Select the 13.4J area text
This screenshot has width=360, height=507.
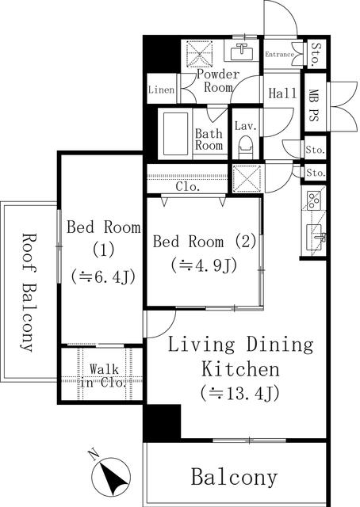pyautogui.click(x=239, y=392)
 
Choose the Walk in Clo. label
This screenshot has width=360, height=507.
pyautogui.click(x=103, y=375)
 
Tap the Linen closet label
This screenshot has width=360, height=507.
pyautogui.click(x=162, y=90)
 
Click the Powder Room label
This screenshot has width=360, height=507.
pyautogui.click(x=218, y=81)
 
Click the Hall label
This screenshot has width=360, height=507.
pyautogui.click(x=282, y=93)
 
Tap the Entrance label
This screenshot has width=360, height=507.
pyautogui.click(x=279, y=55)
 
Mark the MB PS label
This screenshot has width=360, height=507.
pyautogui.click(x=315, y=103)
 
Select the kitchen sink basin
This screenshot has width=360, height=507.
pyautogui.click(x=314, y=236)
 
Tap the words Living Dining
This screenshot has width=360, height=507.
pyautogui.click(x=239, y=345)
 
